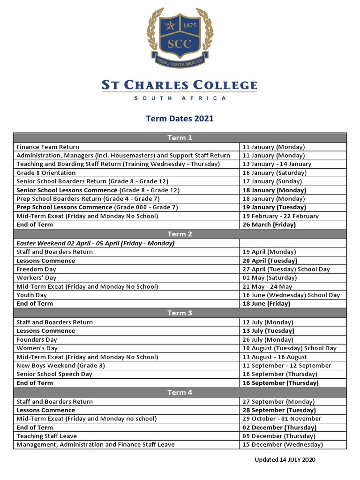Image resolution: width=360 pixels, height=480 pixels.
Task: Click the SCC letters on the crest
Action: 180,44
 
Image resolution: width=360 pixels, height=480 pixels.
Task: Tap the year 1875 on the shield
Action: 189,25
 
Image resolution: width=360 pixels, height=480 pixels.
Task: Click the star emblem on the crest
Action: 170,24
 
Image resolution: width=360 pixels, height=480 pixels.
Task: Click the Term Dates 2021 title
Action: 180,119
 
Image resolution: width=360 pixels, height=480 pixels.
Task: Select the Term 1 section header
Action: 180,138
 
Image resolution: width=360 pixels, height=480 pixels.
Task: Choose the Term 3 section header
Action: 180,313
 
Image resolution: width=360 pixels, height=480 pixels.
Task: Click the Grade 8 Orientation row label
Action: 46,172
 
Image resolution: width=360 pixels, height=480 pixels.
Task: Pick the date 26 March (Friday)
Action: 269,225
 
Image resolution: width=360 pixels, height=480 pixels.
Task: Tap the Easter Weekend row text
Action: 95,243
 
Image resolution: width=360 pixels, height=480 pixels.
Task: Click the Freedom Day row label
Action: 36,269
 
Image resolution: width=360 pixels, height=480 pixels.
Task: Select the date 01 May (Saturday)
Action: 270,277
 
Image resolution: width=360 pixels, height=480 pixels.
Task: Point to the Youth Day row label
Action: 31,295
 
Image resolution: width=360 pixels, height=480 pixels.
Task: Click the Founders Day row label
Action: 37,339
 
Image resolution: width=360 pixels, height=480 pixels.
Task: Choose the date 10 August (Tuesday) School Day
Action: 289,348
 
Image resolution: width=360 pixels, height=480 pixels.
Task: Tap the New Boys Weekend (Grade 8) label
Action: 60,366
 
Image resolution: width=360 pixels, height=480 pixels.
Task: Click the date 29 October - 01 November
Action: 282,419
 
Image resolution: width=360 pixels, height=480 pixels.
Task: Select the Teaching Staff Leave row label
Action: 46,436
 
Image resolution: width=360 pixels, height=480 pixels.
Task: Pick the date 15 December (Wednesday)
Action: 283,444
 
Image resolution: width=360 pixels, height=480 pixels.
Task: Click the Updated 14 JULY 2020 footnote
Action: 285,460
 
